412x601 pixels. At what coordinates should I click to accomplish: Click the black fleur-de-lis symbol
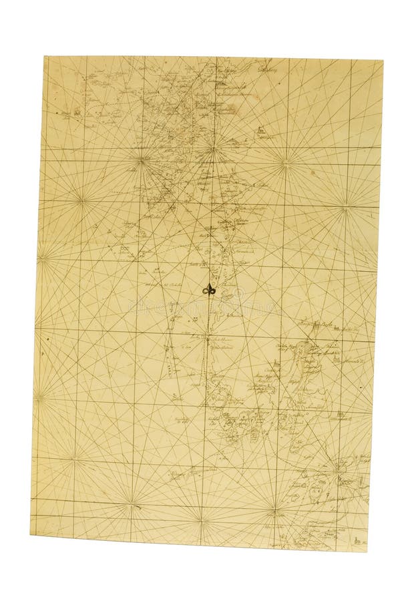pyautogui.click(x=209, y=290)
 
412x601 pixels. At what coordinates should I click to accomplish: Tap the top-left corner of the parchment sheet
pyautogui.click(x=45, y=57)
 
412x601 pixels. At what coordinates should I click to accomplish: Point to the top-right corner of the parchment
pyautogui.click(x=383, y=61)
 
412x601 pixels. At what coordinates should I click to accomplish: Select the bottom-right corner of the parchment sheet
pyautogui.click(x=369, y=551)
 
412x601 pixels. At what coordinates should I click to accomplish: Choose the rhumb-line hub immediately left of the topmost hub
pyautogui.click(x=142, y=159)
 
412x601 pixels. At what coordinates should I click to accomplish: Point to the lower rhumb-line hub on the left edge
pyautogui.click(x=36, y=399)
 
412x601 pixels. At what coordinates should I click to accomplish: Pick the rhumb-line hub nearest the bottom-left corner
pyautogui.click(x=74, y=458)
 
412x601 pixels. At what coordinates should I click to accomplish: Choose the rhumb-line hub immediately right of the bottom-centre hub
pyautogui.click(x=274, y=513)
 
